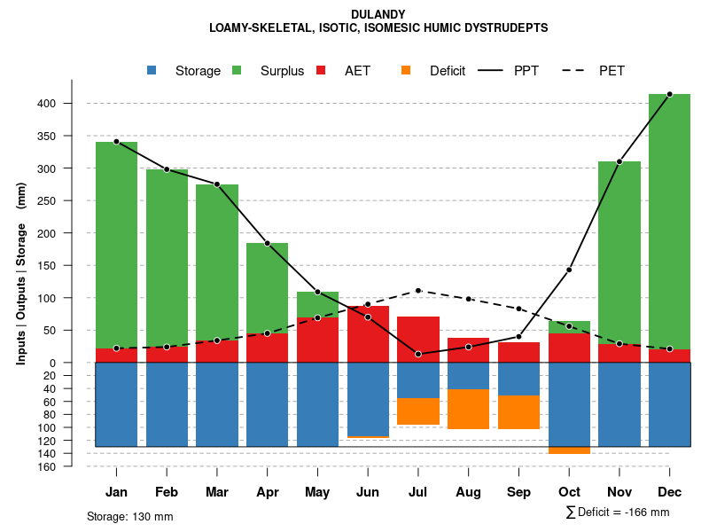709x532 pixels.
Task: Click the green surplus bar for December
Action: [x=669, y=222]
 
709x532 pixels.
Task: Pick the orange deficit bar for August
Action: [x=469, y=409]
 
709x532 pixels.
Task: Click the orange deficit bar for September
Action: [x=519, y=412]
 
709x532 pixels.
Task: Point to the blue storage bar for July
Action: [x=418, y=380]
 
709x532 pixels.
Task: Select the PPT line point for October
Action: [x=569, y=270]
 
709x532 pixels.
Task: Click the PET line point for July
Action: [x=418, y=291]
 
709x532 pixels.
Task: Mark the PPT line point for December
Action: [x=669, y=94]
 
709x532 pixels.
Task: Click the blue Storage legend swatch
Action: [x=152, y=70]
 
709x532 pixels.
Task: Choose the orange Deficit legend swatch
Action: [x=406, y=70]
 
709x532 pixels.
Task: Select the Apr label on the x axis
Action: [x=267, y=491]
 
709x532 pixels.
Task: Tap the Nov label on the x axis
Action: [x=619, y=491]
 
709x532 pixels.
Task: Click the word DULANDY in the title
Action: [x=378, y=14]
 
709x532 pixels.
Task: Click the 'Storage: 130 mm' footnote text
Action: [x=129, y=516]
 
